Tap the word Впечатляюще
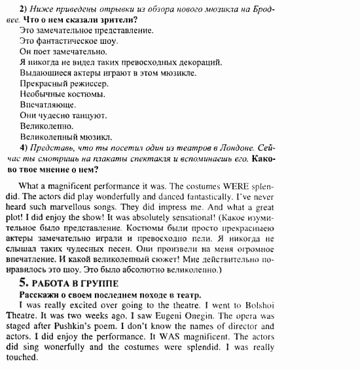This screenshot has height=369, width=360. click(x=48, y=105)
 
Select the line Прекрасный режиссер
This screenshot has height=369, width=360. click(x=63, y=84)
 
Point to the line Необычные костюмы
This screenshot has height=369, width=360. click(x=62, y=94)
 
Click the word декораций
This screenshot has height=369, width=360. click(x=200, y=62)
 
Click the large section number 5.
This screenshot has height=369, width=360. click(x=24, y=283)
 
